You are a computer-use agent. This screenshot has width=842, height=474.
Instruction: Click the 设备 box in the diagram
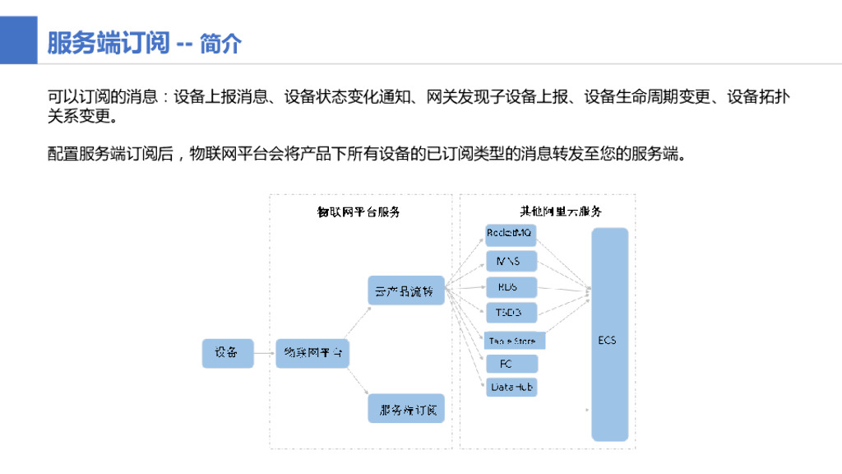pos(228,353)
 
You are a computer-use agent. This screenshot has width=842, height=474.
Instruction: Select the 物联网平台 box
pos(312,353)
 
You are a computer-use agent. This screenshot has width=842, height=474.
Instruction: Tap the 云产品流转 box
pos(405,291)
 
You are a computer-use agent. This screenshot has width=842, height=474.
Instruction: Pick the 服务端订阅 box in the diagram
pos(405,409)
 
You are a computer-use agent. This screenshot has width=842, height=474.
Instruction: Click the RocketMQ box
pos(510,235)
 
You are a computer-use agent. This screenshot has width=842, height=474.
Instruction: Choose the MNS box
pos(510,262)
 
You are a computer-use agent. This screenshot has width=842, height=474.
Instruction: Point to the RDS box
pos(510,287)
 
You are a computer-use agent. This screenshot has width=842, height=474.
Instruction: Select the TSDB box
pos(510,313)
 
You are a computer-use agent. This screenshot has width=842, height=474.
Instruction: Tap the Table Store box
pos(513,340)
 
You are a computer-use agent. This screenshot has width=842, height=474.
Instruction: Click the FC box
pos(510,364)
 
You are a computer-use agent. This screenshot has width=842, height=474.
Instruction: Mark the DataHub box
pos(510,387)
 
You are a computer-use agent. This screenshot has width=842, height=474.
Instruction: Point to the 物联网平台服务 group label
pos(359,211)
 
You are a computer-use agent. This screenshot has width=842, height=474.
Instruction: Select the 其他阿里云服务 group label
pos(561,211)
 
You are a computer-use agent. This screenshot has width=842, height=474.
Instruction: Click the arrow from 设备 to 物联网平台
pos(264,353)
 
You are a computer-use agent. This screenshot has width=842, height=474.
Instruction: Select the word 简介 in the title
pos(221,43)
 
